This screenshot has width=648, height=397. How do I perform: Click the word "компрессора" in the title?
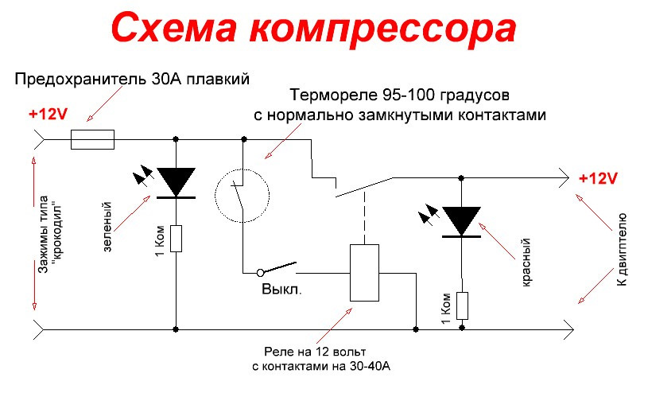(385, 28)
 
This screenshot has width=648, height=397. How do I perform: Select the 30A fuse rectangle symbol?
(92, 142)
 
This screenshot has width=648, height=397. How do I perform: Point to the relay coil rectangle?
(365, 273)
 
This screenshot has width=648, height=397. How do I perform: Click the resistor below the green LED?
(176, 239)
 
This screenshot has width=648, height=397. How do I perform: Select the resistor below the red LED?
(461, 305)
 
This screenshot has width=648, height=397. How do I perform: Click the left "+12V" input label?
(49, 114)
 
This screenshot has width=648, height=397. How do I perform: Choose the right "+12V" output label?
(597, 178)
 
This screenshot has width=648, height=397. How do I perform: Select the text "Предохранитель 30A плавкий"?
(133, 79)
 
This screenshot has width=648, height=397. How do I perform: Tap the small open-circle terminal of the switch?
(260, 272)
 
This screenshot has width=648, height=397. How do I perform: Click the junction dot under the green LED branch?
(176, 327)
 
